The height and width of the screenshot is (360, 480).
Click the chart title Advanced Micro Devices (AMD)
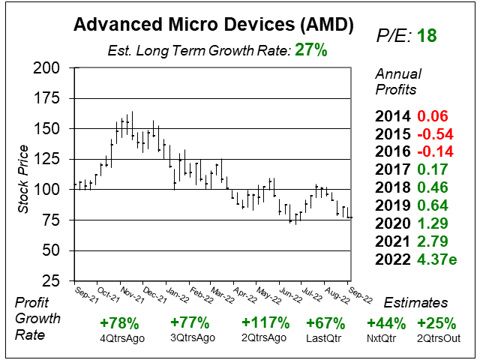pos(213,25)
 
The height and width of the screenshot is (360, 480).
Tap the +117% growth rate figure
pos(265,323)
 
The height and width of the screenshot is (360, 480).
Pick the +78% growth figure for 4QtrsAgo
pos(118,323)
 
